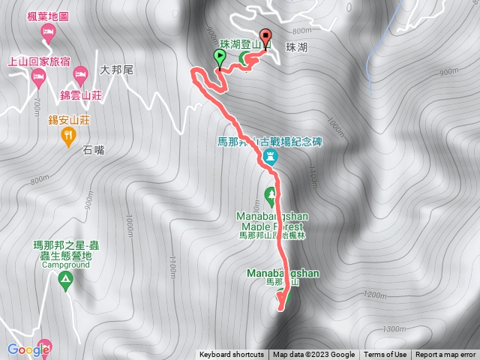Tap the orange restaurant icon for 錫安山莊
(68, 135)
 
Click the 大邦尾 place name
(116, 70)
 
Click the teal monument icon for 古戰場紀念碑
(271, 157)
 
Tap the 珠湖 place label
(296, 46)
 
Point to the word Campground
(65, 265)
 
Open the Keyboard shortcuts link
(231, 355)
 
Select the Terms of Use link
(385, 355)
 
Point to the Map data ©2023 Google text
(313, 355)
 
